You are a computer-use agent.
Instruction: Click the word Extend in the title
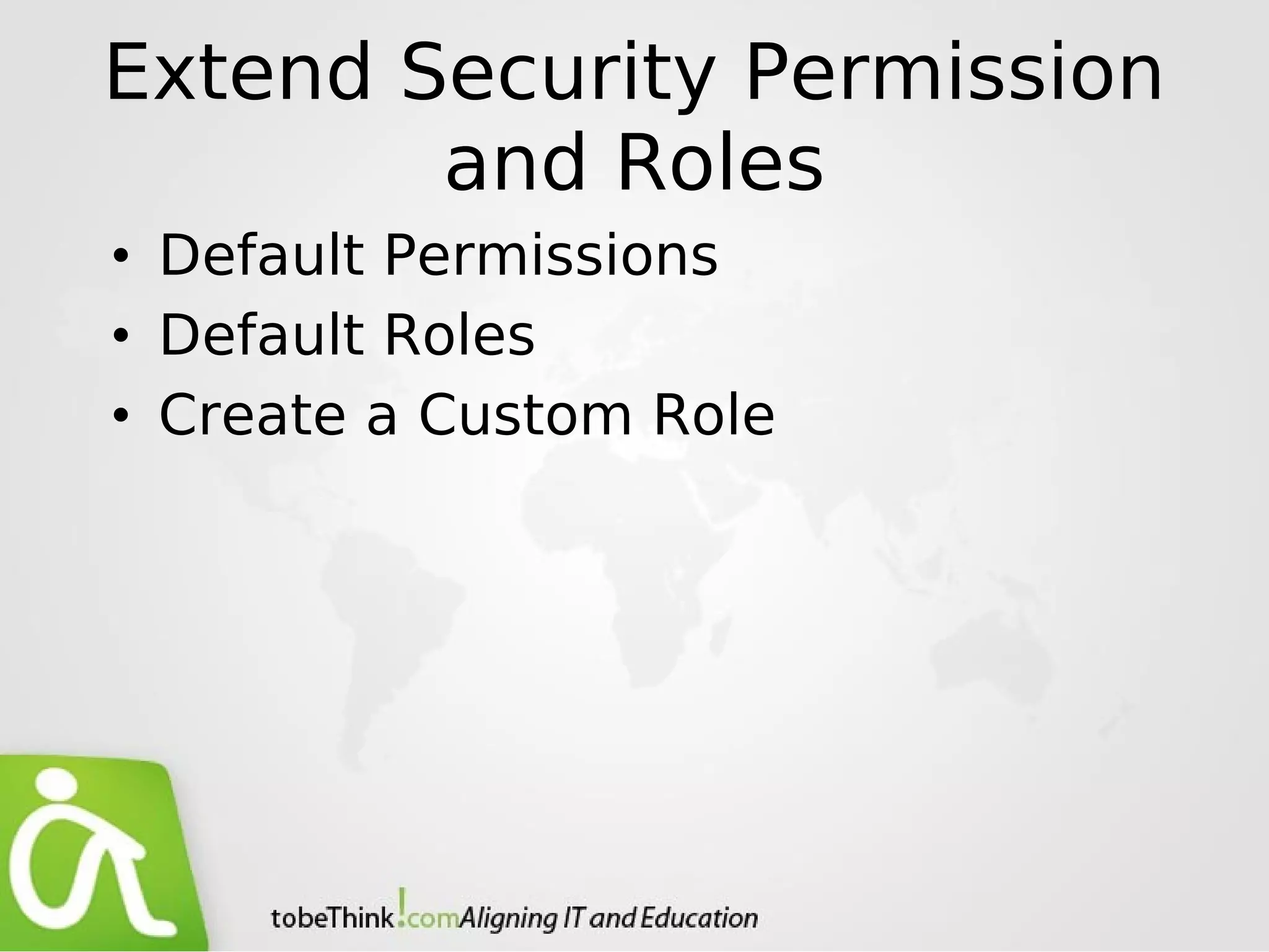pyautogui.click(x=238, y=73)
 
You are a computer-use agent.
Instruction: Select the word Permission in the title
pyautogui.click(x=954, y=73)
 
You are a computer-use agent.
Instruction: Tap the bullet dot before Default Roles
pyautogui.click(x=120, y=337)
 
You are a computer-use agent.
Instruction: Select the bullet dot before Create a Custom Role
pyautogui.click(x=120, y=416)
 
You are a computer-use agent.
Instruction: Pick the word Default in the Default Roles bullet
pyautogui.click(x=261, y=335)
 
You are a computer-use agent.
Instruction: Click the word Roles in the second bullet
pyautogui.click(x=459, y=335)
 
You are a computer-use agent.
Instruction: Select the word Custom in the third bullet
pyautogui.click(x=525, y=415)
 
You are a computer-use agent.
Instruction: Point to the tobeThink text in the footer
pyautogui.click(x=332, y=918)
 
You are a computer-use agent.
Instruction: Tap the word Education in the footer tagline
pyautogui.click(x=698, y=918)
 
